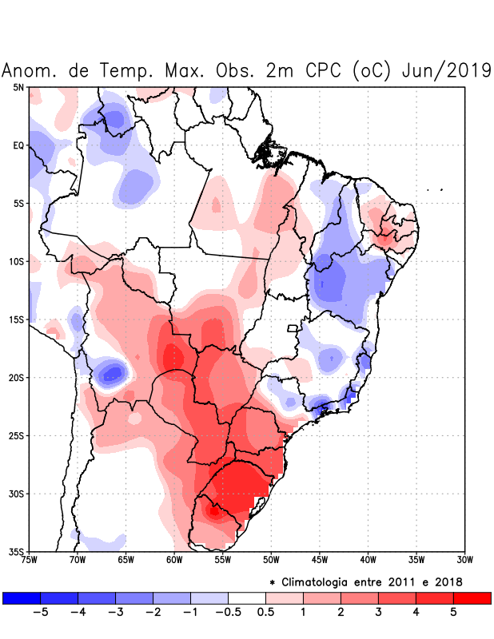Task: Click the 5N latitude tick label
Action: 18,87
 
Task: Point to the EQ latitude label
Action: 18,145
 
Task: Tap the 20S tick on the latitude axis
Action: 17,377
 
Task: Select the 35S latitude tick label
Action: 17,551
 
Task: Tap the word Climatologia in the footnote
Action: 320,581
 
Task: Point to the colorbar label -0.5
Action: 227,613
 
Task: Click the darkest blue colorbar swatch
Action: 22,597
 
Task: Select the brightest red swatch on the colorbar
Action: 472,597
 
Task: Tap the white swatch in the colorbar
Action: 246,597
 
